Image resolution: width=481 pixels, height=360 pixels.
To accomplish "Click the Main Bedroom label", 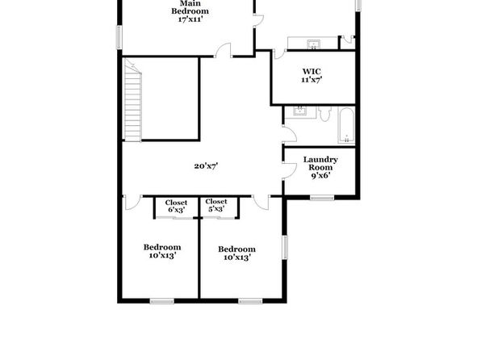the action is click(190, 11).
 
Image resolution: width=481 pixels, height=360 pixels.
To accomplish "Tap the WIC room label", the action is click(312, 76).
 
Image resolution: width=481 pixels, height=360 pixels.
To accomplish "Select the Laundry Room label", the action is click(320, 167).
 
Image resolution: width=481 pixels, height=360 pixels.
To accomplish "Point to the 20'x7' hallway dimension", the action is click(206, 166).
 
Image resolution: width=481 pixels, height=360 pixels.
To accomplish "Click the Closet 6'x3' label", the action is click(176, 207).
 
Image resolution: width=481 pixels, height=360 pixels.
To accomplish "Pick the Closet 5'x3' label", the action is click(216, 205).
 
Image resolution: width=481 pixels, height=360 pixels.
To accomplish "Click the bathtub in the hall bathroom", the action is click(346, 125).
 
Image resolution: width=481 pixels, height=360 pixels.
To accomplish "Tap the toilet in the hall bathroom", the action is click(324, 114).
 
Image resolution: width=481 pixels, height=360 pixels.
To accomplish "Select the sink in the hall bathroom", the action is click(299, 111).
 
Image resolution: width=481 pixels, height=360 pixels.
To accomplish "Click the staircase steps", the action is click(132, 100).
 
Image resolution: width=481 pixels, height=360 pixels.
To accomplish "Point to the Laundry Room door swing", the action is click(290, 171).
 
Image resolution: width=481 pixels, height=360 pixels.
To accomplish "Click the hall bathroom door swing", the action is click(290, 134).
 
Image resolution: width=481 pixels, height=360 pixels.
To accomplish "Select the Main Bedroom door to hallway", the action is click(223, 50).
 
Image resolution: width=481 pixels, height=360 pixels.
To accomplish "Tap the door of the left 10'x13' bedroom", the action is click(133, 203).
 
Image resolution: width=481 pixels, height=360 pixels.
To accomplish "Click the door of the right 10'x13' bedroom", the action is click(261, 203).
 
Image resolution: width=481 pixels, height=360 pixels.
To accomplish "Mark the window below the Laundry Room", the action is click(322, 198).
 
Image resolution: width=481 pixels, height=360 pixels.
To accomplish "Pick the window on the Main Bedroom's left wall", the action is click(119, 37).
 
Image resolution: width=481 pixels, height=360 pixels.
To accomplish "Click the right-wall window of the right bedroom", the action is click(285, 247).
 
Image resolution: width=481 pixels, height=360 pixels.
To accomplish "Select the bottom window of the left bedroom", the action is click(162, 301).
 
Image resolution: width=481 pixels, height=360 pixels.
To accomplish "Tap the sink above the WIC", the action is click(313, 44).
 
